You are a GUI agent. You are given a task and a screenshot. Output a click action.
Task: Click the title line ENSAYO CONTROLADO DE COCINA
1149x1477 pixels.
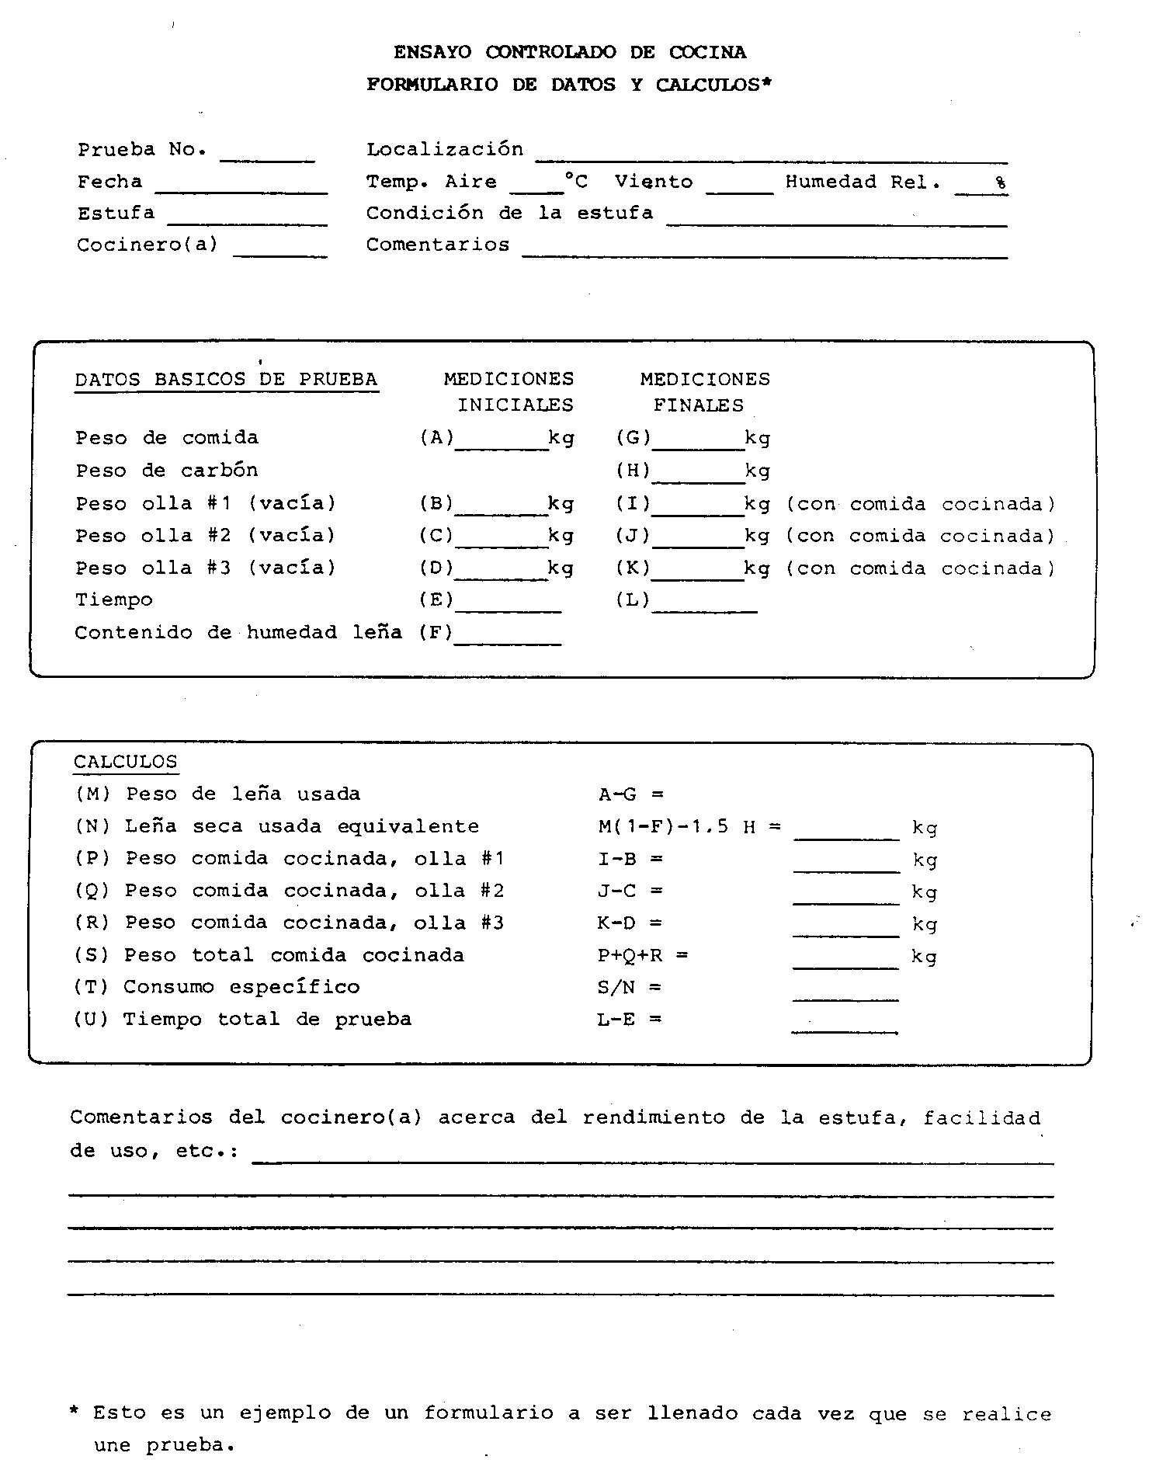[x=569, y=53]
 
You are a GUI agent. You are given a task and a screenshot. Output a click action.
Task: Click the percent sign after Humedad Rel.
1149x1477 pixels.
[x=1001, y=184]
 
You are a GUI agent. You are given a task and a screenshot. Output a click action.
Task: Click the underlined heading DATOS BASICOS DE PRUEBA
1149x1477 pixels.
[x=226, y=380]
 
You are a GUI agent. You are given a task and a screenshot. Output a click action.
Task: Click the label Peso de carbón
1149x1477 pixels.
[x=166, y=471]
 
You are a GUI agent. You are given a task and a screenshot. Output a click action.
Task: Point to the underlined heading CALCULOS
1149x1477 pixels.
[x=125, y=762]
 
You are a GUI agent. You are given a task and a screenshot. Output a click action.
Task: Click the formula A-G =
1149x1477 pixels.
[x=631, y=794]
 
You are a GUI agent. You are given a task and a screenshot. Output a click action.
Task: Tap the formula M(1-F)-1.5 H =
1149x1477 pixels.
[x=689, y=827]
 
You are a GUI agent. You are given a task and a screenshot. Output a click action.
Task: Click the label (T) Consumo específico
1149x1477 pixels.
[x=217, y=987]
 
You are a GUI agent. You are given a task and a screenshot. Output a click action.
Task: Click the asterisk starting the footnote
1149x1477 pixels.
[x=75, y=1413]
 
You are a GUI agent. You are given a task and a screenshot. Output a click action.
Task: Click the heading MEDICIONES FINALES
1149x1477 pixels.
[x=704, y=392]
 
